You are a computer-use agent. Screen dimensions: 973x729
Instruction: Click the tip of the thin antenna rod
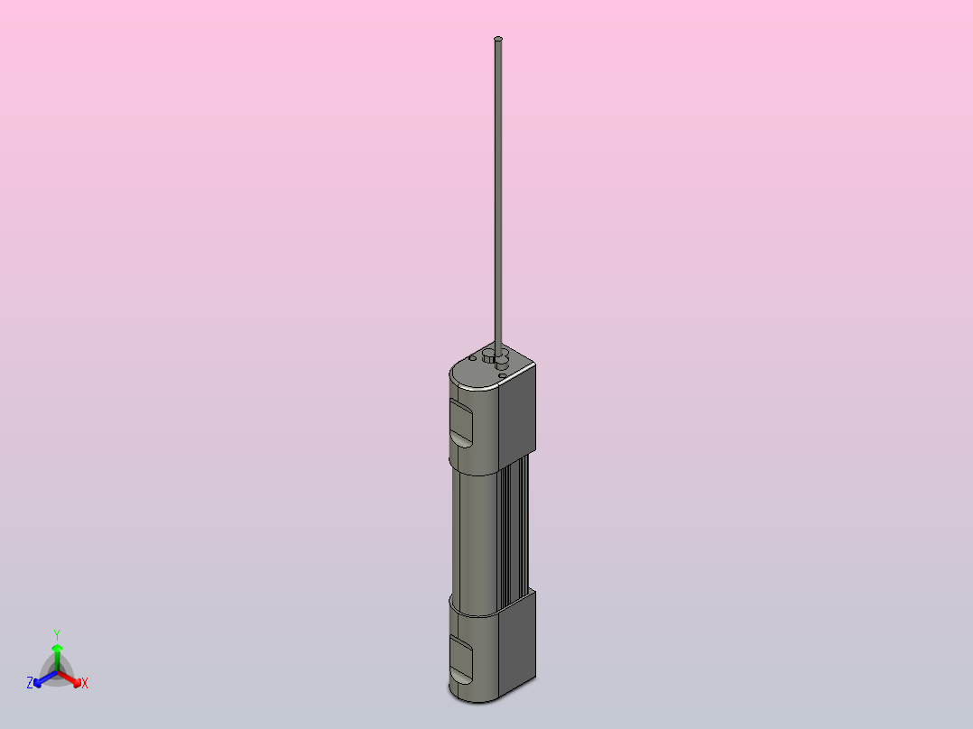point(497,39)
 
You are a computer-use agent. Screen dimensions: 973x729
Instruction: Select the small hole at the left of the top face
point(472,358)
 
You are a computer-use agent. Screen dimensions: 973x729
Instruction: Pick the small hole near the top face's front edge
point(502,376)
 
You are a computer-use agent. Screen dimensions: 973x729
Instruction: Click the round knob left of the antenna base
point(488,355)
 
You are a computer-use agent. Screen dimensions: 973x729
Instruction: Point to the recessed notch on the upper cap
point(461,422)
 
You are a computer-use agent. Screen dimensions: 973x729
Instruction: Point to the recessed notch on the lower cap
point(460,657)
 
